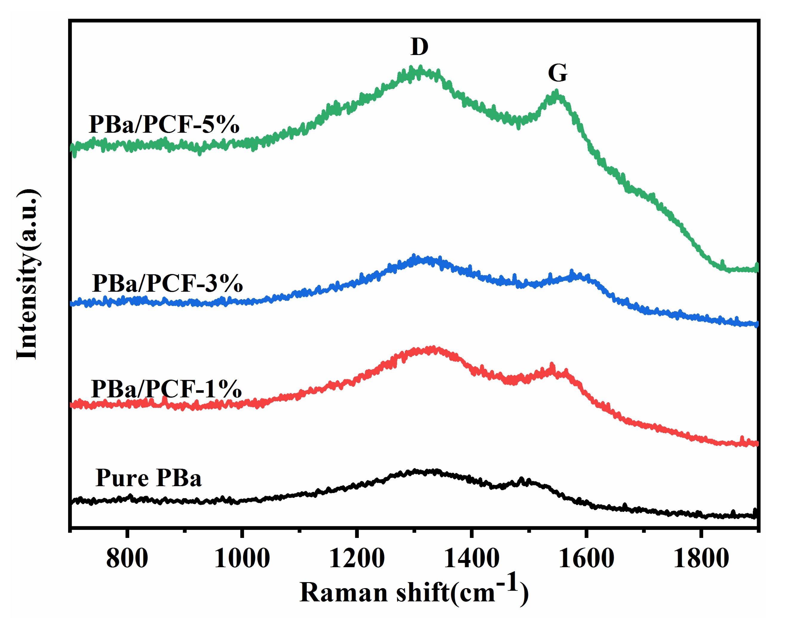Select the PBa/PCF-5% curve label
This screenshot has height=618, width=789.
pyautogui.click(x=164, y=125)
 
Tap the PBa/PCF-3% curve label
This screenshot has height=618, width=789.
pyautogui.click(x=167, y=283)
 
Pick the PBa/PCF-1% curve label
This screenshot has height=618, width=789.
pyautogui.click(x=166, y=389)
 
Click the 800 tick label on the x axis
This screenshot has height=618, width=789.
pyautogui.click(x=127, y=558)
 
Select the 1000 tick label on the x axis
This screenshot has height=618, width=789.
pyautogui.click(x=242, y=558)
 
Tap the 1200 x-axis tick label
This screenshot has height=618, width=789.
pyautogui.click(x=357, y=558)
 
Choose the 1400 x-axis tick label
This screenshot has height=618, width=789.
pyautogui.click(x=471, y=558)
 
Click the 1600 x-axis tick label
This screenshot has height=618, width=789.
pyautogui.click(x=586, y=558)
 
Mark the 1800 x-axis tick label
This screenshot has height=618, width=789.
pyautogui.click(x=701, y=558)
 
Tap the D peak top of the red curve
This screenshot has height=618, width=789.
pyautogui.click(x=432, y=349)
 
